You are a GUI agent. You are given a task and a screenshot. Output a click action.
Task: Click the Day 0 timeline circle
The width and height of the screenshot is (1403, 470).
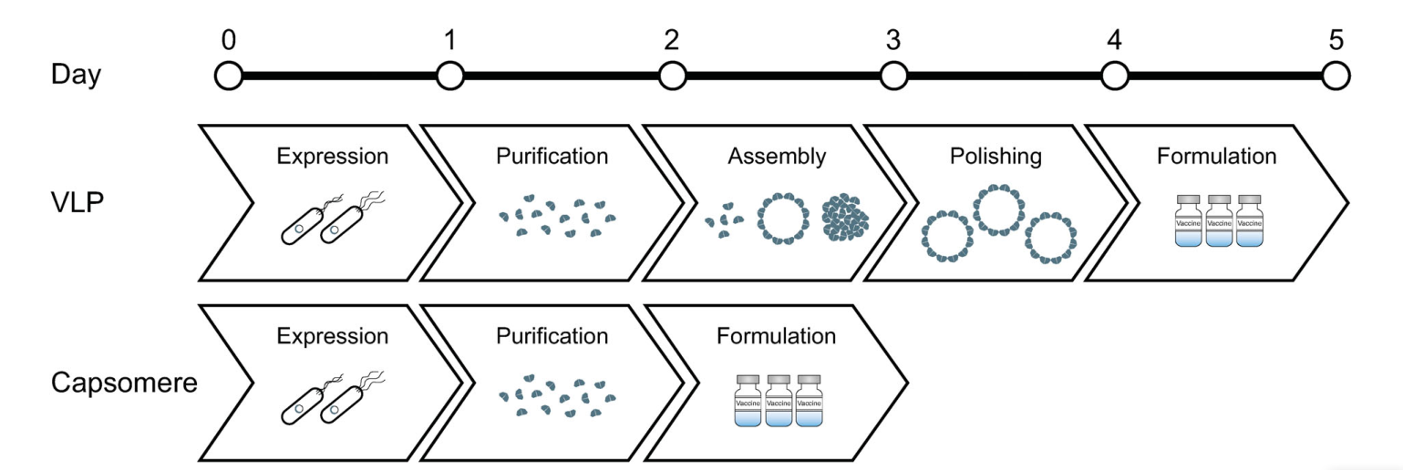click(228, 77)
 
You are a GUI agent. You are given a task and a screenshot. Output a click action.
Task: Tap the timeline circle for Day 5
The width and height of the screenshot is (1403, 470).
click(1336, 77)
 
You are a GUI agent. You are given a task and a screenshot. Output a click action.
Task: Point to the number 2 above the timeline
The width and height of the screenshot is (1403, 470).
click(672, 40)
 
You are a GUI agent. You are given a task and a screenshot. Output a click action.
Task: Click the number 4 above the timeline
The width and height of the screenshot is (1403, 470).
click(1114, 40)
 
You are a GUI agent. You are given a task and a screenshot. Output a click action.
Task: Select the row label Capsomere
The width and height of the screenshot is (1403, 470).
click(124, 383)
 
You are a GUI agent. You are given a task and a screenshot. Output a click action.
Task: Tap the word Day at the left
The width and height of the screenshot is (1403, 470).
click(77, 75)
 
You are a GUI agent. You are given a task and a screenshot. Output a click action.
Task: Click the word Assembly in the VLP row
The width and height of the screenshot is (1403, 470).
click(777, 156)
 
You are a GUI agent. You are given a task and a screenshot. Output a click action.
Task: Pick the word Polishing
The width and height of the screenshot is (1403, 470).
click(995, 156)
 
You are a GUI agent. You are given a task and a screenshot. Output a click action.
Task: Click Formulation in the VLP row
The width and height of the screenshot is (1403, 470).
click(1217, 156)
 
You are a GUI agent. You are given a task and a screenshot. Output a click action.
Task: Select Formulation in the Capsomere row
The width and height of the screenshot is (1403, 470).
click(776, 336)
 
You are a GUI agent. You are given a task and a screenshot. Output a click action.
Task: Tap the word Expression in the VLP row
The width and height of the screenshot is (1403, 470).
click(333, 156)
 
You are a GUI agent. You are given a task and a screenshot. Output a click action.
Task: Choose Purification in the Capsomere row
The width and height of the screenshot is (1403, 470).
click(552, 336)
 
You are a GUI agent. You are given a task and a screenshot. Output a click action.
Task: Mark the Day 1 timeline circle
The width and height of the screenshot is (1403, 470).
click(450, 77)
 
